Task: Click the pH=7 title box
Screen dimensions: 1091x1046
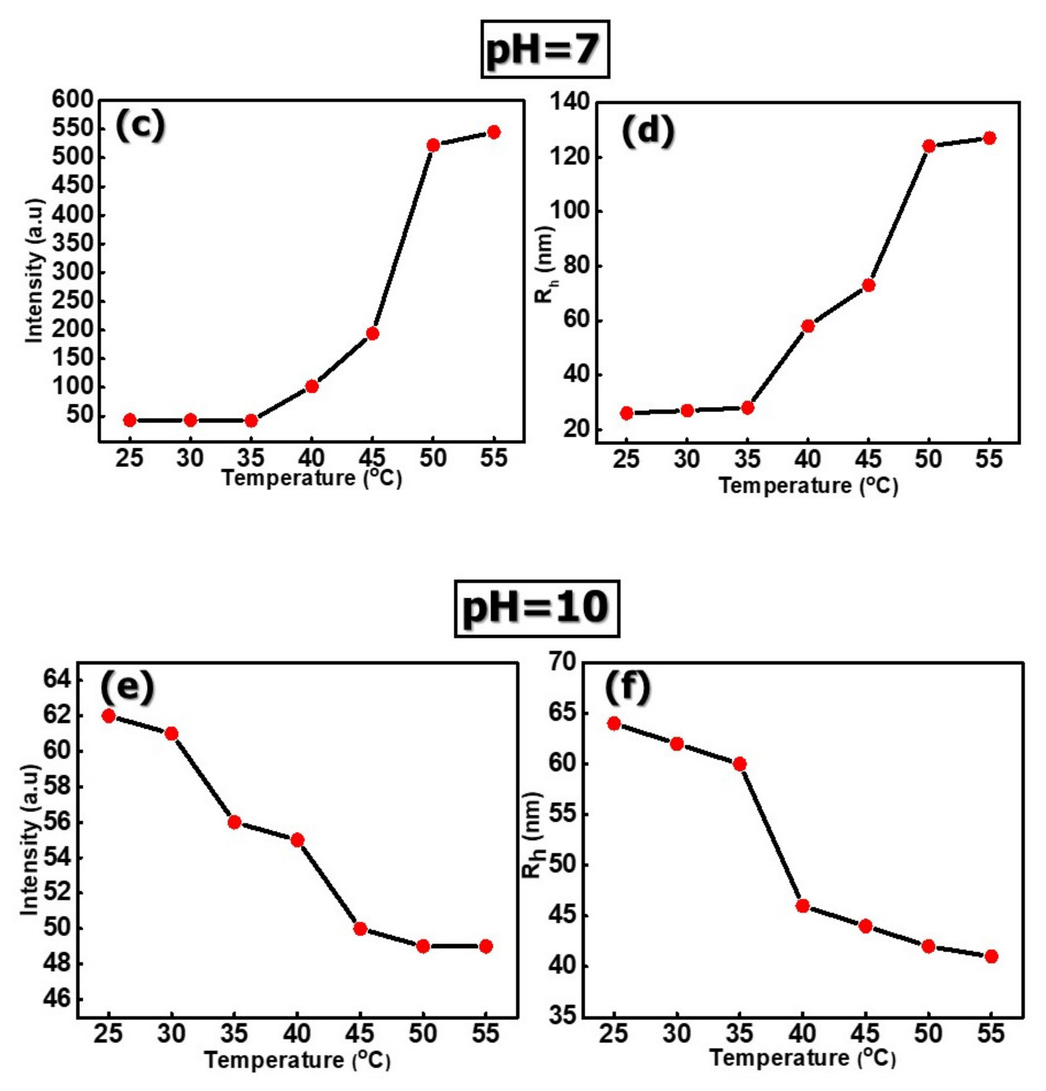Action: click(x=544, y=50)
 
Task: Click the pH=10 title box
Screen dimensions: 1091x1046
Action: click(x=537, y=608)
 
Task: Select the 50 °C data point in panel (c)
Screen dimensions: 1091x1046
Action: click(x=433, y=145)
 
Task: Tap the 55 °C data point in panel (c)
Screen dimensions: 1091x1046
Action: click(x=493, y=132)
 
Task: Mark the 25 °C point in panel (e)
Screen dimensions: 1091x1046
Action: click(x=109, y=716)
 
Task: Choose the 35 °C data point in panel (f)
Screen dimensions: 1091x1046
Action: click(x=740, y=764)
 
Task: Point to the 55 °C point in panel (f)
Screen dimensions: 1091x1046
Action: click(x=991, y=956)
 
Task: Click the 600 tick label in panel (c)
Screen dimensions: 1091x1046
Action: click(x=72, y=100)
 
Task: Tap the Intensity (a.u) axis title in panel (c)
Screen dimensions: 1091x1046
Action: click(x=34, y=271)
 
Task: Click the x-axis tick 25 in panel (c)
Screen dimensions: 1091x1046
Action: click(x=129, y=458)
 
